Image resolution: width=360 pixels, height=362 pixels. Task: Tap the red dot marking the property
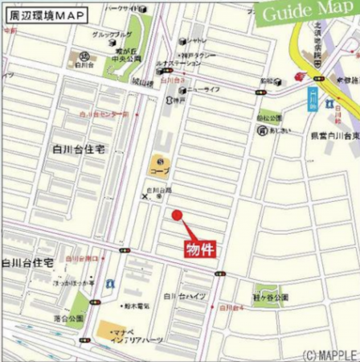click(x=177, y=214)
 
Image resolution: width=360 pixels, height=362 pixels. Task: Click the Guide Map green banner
click(x=309, y=15)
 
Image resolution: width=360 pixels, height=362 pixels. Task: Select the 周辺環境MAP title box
click(x=51, y=14)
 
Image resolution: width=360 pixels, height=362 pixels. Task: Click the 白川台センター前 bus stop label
click(x=104, y=115)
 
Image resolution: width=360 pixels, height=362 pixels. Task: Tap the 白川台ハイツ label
click(x=186, y=297)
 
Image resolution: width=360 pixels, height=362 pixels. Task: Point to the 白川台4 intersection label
click(x=234, y=308)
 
